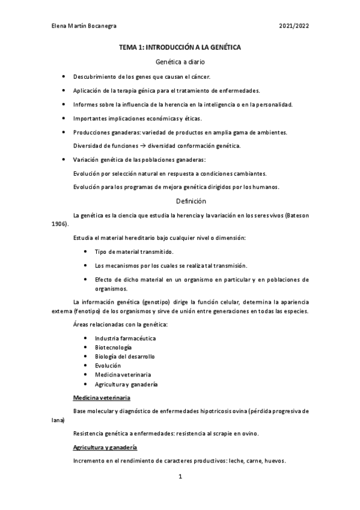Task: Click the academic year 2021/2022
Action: [294, 27]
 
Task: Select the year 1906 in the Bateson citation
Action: [59, 223]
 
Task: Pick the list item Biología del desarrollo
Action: [120, 356]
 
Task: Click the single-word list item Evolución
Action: [108, 365]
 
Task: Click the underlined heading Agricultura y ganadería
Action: [105, 447]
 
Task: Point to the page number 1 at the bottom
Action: [180, 478]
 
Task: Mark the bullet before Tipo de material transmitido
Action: [85, 252]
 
